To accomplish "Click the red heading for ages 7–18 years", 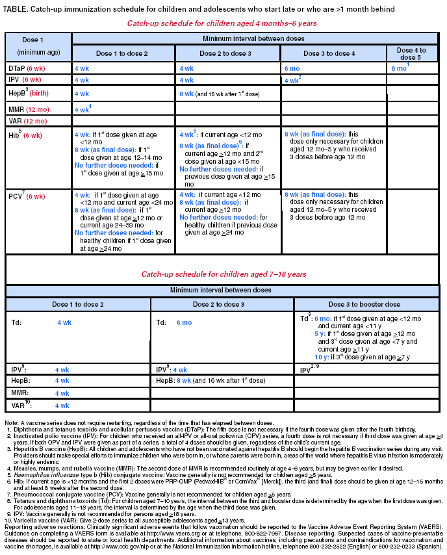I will [224, 275].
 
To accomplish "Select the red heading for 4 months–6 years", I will [222, 23].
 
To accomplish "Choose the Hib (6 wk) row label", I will [24, 135].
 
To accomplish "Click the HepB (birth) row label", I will [26, 94].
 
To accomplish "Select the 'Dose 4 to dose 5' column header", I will [411, 53].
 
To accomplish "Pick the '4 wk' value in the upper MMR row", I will [81, 109].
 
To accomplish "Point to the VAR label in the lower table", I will [19, 406].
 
